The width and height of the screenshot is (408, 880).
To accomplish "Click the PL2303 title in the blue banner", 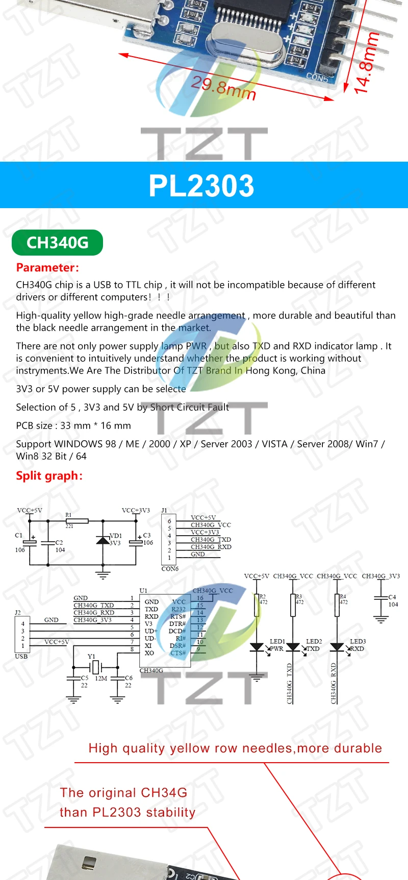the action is click(x=201, y=186).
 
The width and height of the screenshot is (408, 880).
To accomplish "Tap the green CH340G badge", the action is click(x=57, y=243).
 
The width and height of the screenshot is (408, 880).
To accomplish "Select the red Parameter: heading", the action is click(x=47, y=267).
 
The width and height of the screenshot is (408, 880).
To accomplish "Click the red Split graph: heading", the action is click(x=49, y=475).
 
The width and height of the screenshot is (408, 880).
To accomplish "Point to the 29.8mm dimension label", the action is click(x=223, y=88).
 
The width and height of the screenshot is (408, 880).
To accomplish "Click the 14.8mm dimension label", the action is click(x=366, y=63).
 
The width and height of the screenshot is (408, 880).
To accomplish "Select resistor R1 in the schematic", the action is click(x=76, y=521).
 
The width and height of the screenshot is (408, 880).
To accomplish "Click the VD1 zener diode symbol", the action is click(x=103, y=540).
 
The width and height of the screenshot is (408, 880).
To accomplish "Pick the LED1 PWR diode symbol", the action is click(x=257, y=647).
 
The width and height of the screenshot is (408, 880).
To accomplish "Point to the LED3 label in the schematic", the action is click(x=358, y=641).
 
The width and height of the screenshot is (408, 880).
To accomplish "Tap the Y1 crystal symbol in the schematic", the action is click(x=95, y=667).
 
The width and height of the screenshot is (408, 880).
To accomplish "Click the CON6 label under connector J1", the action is click(x=170, y=569).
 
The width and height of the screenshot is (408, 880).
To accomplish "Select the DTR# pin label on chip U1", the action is click(x=177, y=624).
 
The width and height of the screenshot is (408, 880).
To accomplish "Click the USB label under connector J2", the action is click(x=21, y=656).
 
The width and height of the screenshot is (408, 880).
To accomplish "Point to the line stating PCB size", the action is click(x=73, y=425).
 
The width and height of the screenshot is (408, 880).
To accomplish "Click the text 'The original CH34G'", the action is click(x=123, y=793).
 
